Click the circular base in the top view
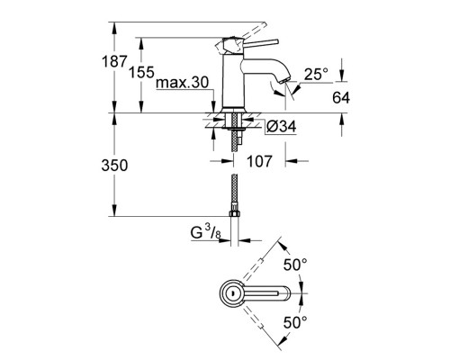pyautogui.click(x=231, y=292)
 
